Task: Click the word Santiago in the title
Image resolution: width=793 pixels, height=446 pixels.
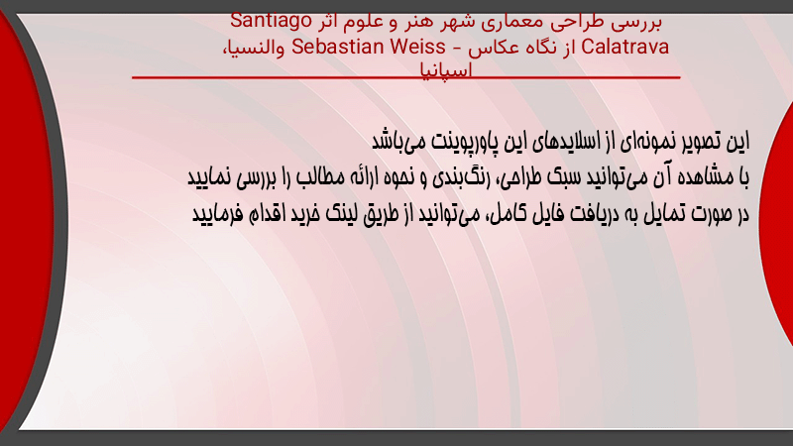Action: click(x=271, y=22)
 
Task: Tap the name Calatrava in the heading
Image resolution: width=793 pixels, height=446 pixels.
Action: click(x=625, y=47)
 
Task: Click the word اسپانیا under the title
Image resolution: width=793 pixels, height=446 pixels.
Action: click(x=446, y=69)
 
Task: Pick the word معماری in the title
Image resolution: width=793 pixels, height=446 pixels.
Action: click(x=507, y=22)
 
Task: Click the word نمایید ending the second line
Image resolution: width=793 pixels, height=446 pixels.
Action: click(x=208, y=177)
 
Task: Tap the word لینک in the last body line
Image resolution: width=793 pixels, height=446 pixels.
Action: click(x=341, y=213)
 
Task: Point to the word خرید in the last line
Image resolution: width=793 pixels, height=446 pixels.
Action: click(x=305, y=213)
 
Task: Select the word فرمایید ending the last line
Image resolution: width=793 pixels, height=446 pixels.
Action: click(x=211, y=214)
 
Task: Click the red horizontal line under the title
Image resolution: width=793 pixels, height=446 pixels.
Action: click(x=406, y=77)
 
